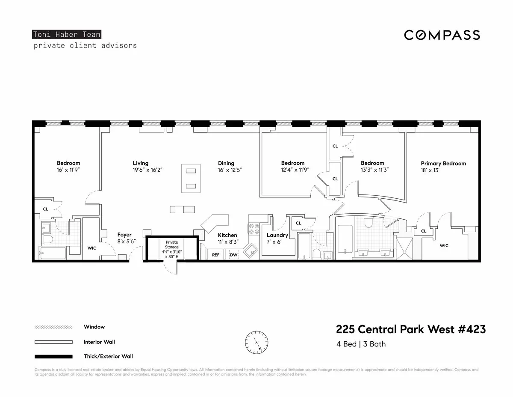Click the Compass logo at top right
(x=442, y=35)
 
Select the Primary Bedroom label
(x=443, y=164)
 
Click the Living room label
(x=140, y=163)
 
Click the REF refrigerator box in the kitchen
(x=215, y=255)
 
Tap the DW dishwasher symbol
(x=233, y=255)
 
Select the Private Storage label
(x=172, y=245)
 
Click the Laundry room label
(x=277, y=235)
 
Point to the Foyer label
(x=124, y=235)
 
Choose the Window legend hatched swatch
(x=53, y=327)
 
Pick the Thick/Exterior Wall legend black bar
(x=53, y=356)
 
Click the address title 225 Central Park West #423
(x=411, y=329)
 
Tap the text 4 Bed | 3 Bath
(x=361, y=344)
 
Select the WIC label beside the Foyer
(x=92, y=248)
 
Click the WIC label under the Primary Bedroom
(x=444, y=246)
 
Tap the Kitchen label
(x=227, y=235)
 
